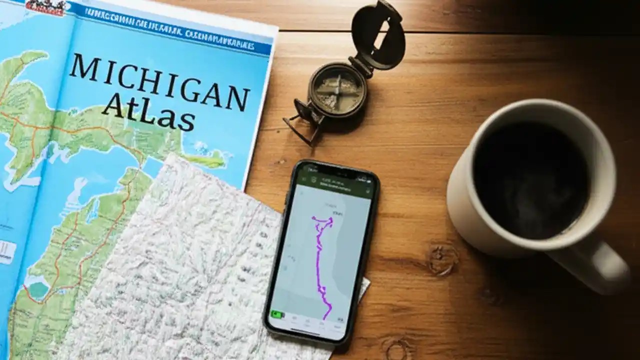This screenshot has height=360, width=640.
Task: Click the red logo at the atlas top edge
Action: click(x=45, y=6)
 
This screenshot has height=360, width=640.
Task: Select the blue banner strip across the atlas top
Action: click(x=175, y=29)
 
